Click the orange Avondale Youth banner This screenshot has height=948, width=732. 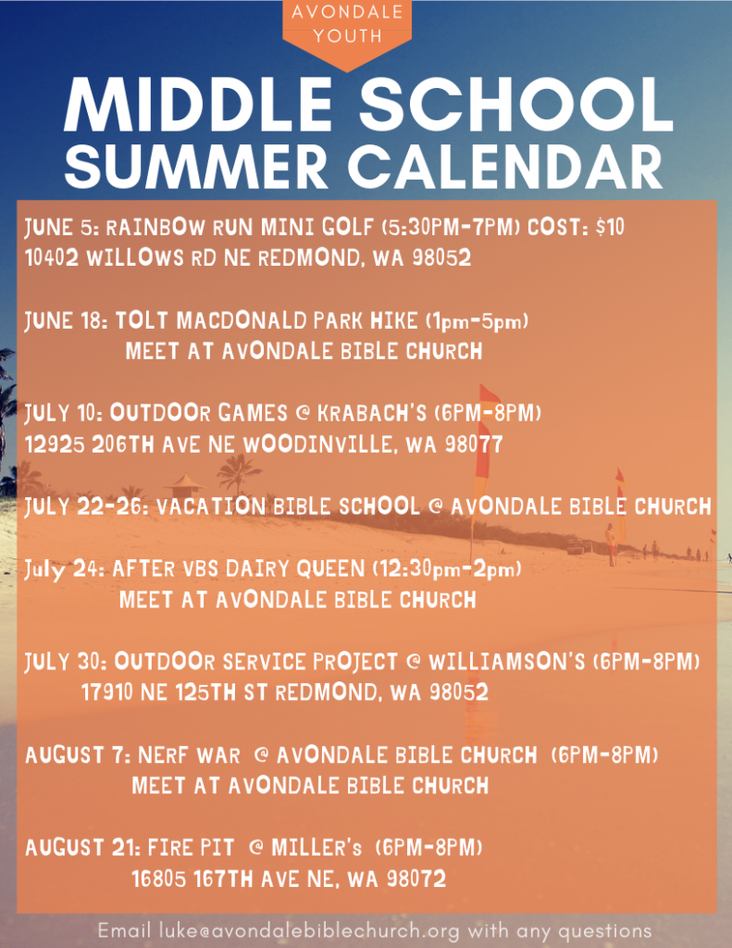click(x=347, y=31)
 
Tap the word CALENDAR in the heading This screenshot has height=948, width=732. click(x=505, y=167)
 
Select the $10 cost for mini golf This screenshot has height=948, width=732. click(x=610, y=227)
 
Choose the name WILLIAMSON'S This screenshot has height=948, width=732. click(x=507, y=661)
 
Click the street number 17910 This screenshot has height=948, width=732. click(x=107, y=692)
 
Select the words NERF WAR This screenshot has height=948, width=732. click(x=189, y=755)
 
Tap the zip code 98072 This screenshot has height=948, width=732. click(x=416, y=879)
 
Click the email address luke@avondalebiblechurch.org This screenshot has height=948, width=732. click(x=309, y=930)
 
